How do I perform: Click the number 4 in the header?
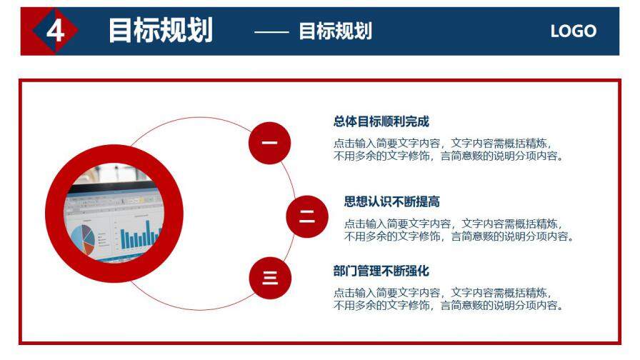55,31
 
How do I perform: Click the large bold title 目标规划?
160,31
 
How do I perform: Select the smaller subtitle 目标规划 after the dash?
335,31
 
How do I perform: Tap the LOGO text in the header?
573,31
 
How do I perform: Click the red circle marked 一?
269,143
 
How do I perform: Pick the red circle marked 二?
306,216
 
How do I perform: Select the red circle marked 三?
270,278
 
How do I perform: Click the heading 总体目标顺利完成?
381,121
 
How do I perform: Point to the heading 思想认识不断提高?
391,201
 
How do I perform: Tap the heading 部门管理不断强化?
381,271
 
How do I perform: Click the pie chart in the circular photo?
80,237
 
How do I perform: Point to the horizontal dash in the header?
271,32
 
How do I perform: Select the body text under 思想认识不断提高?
459,229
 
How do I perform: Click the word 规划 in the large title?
186,31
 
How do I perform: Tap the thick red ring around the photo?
114,155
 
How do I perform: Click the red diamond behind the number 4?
39,31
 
